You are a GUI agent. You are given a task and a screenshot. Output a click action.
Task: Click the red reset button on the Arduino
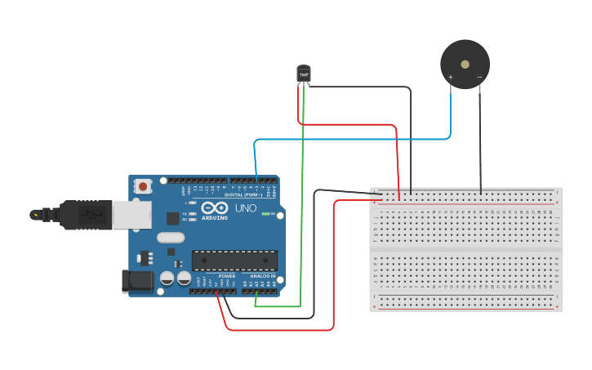pos(144,186)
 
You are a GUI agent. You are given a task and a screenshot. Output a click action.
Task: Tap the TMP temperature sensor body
pos(304,74)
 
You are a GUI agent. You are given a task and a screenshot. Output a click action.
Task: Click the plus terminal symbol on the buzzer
pos(451,78)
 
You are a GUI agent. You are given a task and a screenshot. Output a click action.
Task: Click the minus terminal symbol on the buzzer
pos(479,78)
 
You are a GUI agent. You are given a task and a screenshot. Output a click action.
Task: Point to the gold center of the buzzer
pos(465,64)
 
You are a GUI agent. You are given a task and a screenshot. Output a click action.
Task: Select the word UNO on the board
pos(247,208)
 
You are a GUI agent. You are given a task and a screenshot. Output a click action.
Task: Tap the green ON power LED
pos(263,213)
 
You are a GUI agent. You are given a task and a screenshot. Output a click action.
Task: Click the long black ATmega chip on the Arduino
pos(234,260)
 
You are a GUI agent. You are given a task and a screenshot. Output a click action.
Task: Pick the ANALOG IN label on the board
pos(262,276)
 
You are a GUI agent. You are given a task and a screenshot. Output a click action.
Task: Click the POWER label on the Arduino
pos(227,276)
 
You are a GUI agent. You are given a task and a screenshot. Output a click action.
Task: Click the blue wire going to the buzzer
pos(351,139)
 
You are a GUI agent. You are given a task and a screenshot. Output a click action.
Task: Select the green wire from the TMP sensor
pos(303,204)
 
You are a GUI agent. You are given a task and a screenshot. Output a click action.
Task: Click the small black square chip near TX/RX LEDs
pos(173,218)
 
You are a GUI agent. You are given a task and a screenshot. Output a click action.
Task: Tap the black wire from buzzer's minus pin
pos(480,139)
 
